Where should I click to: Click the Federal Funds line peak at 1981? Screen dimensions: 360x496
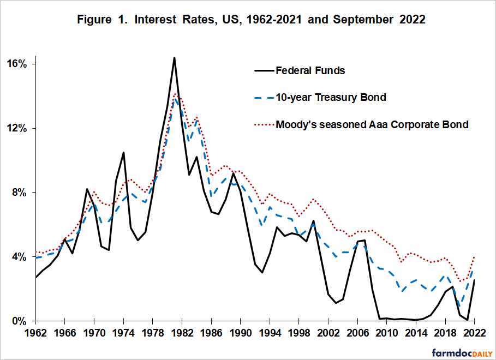pyautogui.click(x=174, y=57)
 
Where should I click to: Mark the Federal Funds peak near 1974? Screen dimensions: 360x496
pyautogui.click(x=123, y=153)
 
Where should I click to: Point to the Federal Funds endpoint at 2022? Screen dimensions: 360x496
pyautogui.click(x=475, y=280)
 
